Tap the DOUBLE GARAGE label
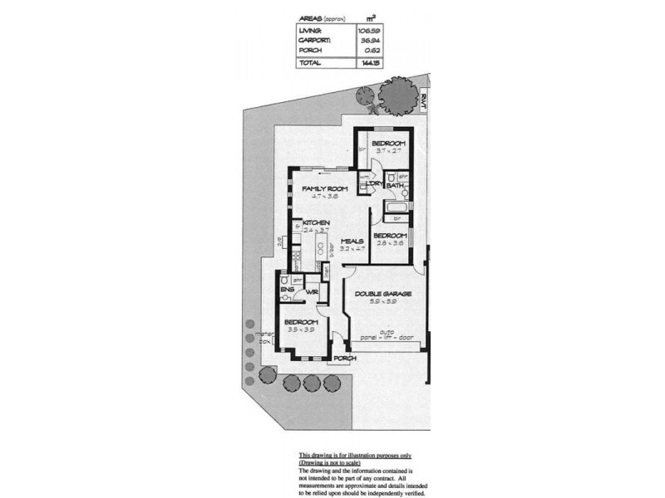tap(384, 294)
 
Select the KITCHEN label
tap(317, 223)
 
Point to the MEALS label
tap(353, 241)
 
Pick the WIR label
tap(313, 293)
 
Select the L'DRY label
tap(373, 184)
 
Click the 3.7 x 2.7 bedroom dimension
tap(388, 151)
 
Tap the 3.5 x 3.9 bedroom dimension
tap(300, 330)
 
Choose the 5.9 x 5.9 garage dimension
tap(384, 302)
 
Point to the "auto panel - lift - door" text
tap(383, 336)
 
